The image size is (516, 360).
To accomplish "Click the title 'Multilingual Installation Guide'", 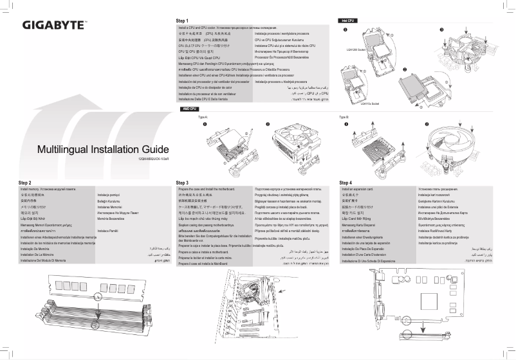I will (x=102, y=150).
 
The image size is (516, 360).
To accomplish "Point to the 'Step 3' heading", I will (x=182, y=183).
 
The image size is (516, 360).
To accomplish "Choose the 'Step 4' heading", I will (x=346, y=183).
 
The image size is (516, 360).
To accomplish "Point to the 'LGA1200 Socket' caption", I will (x=355, y=49).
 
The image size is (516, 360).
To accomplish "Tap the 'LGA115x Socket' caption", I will (x=370, y=103).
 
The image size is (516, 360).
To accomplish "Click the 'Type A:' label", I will (x=203, y=118).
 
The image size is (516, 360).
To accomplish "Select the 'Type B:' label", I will (x=344, y=118).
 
